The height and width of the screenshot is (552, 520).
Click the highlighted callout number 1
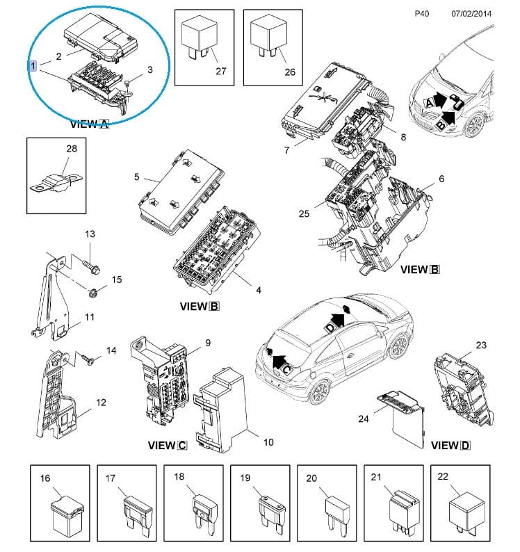click(x=33, y=65)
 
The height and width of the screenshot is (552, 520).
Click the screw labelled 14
click(x=87, y=360)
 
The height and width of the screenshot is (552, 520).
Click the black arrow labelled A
click(x=441, y=102)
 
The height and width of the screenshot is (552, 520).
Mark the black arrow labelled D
click(x=338, y=319)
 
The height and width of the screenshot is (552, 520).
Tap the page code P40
click(x=421, y=13)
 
